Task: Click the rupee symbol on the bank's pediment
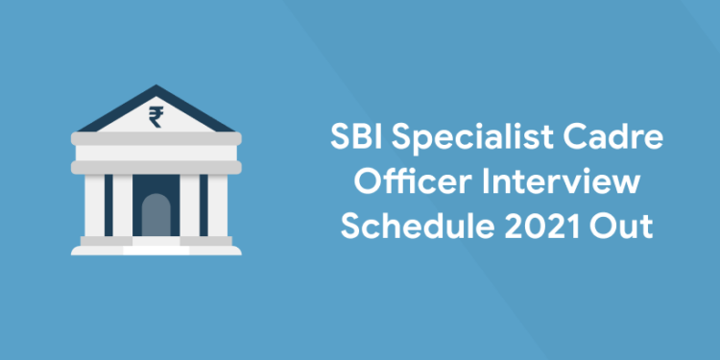(x=156, y=117)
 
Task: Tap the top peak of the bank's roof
(x=156, y=88)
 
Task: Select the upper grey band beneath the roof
(x=156, y=142)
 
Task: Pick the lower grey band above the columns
(x=156, y=165)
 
